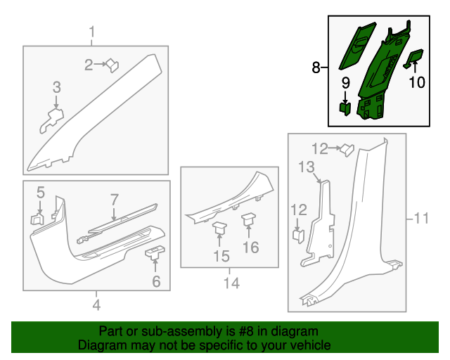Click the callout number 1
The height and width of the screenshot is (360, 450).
click(x=92, y=32)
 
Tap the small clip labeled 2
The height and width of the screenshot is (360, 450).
click(x=112, y=65)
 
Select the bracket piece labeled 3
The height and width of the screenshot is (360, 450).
click(x=51, y=120)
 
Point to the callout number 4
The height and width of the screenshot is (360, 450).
click(x=97, y=305)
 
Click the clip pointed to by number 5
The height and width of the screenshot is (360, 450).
click(x=37, y=219)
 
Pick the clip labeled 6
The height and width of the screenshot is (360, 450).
click(x=155, y=252)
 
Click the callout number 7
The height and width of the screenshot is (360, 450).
click(x=114, y=200)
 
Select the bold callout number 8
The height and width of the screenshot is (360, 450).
click(x=316, y=67)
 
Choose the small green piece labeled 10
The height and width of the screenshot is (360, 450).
click(x=413, y=58)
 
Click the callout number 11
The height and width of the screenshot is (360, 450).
click(x=421, y=219)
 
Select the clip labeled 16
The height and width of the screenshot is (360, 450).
click(x=249, y=219)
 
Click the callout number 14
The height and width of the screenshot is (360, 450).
click(x=231, y=283)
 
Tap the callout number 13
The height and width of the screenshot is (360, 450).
click(x=307, y=167)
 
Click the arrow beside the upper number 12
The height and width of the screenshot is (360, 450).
click(x=335, y=148)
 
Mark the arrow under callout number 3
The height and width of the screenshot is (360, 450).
click(x=56, y=102)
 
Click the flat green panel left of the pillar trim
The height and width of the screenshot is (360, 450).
click(x=357, y=46)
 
